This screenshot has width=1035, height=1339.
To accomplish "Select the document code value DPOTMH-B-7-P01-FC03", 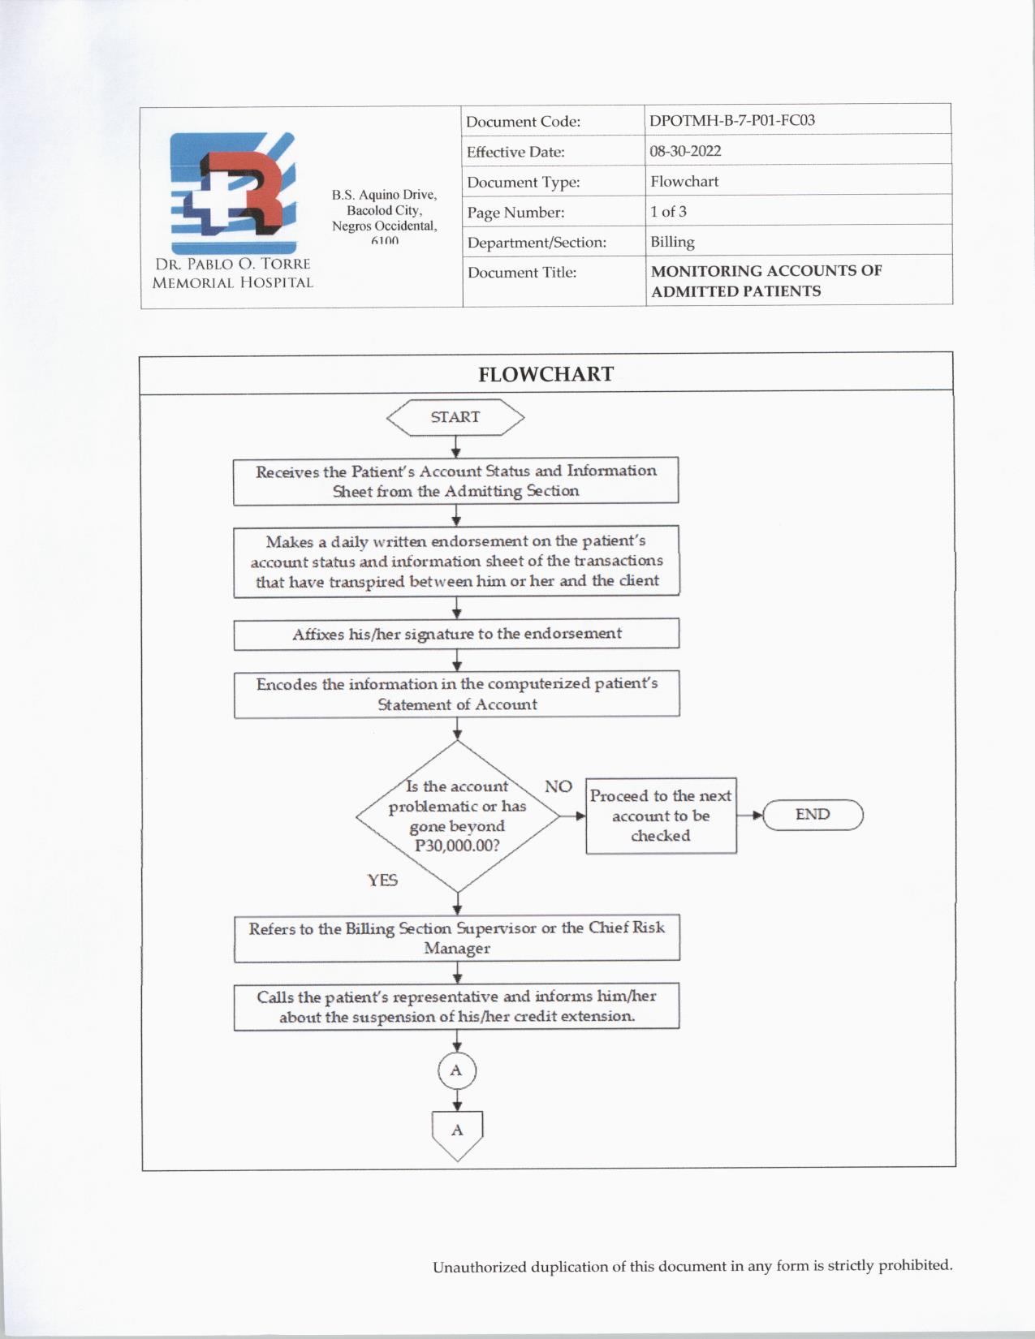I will [731, 120].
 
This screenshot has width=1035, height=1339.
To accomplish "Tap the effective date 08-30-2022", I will [685, 151].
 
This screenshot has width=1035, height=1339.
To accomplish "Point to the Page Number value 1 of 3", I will [668, 212].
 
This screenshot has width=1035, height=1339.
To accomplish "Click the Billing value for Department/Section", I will [672, 242].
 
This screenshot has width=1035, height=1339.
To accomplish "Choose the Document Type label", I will [523, 183].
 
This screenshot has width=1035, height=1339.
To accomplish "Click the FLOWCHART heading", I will [546, 374].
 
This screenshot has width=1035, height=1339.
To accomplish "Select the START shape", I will [455, 417].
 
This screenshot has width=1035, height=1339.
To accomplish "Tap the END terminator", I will [813, 815].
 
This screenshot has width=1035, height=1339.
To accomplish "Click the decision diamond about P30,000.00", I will [457, 816].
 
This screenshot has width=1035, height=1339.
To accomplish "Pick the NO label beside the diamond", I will [558, 786].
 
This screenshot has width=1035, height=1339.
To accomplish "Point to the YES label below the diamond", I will [382, 880].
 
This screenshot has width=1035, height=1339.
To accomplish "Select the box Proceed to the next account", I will [661, 816].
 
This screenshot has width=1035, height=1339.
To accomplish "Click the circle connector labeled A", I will [456, 1070].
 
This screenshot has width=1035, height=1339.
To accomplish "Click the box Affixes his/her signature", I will [456, 634].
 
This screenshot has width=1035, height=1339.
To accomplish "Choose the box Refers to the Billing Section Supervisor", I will [456, 938].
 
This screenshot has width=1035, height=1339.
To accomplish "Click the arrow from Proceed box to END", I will [750, 815].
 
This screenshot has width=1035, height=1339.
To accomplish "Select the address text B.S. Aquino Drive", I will [384, 195].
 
